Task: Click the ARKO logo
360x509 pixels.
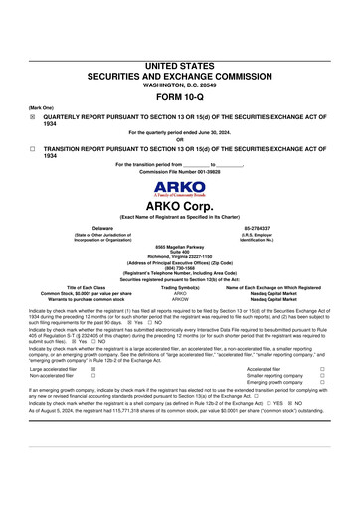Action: pos(179,189)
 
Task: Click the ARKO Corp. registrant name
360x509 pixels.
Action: pos(179,207)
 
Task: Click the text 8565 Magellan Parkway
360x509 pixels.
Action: pos(179,245)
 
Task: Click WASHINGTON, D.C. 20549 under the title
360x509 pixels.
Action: pos(179,85)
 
